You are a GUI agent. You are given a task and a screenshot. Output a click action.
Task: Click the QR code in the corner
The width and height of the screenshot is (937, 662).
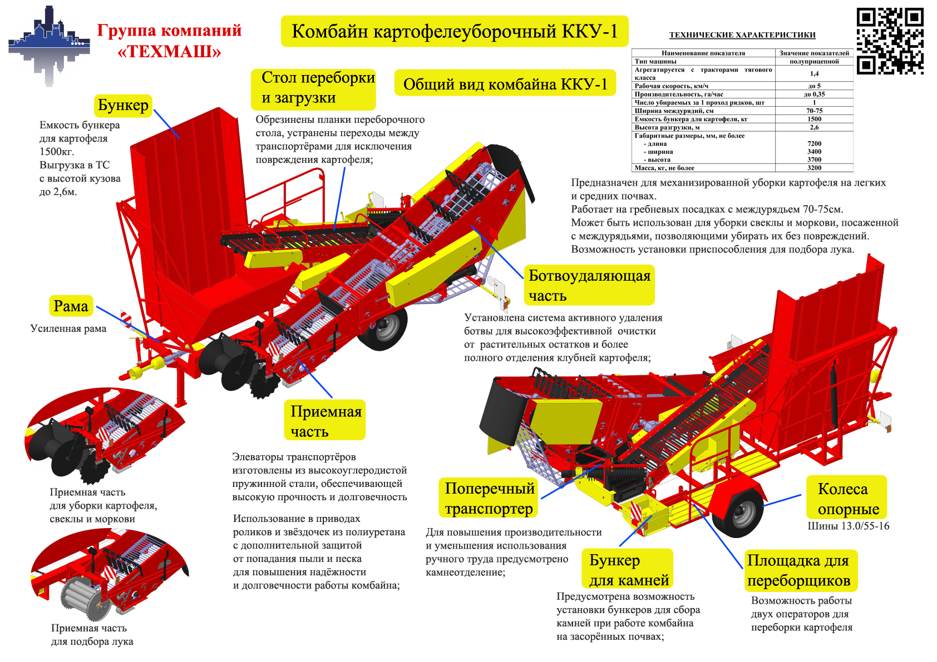pos(890,41)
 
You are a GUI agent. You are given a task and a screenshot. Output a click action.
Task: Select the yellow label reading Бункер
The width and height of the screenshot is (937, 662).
pos(123,105)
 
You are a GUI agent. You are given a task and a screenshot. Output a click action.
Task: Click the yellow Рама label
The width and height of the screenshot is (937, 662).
pos(71,306)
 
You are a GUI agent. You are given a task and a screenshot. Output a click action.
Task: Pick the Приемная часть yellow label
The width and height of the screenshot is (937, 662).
pos(326,420)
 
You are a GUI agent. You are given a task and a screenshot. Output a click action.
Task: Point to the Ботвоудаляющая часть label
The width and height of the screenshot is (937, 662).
pos(589,285)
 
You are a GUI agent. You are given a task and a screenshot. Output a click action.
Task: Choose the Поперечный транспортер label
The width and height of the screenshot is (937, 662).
pos(489,498)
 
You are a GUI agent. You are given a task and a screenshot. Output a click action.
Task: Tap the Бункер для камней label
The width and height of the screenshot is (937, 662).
pos(628,569)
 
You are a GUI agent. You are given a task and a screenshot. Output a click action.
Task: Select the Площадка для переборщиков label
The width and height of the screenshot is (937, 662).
pos(799,570)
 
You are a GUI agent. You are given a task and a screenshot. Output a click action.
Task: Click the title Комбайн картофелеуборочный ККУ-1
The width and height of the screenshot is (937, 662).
pos(455,31)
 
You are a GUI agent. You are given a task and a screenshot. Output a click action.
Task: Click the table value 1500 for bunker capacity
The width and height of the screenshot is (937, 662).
pos(814,119)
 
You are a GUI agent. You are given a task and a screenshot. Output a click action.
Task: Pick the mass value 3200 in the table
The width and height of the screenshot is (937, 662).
pos(814,167)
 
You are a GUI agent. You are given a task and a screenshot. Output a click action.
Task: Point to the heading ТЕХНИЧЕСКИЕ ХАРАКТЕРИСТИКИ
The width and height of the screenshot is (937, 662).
pos(742,35)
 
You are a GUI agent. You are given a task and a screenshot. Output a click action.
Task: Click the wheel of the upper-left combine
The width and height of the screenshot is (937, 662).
pos(383,328)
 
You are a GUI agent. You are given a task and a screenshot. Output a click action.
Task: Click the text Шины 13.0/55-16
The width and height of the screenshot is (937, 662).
pos(848,526)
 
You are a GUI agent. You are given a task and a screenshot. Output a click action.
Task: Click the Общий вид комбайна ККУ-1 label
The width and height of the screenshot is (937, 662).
pos(505,84)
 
